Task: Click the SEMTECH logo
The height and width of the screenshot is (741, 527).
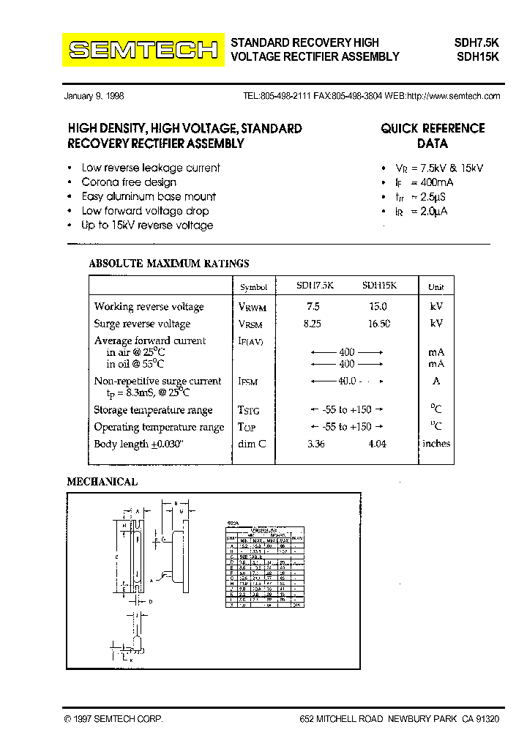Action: [x=143, y=50]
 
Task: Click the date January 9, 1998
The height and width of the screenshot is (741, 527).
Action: [x=94, y=96]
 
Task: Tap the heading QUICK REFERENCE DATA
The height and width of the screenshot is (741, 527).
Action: [x=433, y=135]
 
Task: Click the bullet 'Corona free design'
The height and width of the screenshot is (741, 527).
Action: [x=129, y=182]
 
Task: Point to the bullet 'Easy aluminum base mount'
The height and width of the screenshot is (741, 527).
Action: [x=149, y=196]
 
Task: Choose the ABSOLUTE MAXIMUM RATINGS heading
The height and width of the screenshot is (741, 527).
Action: [x=168, y=264]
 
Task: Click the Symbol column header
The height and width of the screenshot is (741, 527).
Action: [x=253, y=288]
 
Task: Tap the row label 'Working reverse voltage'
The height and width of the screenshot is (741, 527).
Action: [x=149, y=307]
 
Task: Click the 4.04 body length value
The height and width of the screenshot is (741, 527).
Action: [x=378, y=444]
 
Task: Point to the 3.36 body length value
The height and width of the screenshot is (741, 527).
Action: [x=315, y=444]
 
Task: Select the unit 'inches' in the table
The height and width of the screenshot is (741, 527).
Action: [x=436, y=444]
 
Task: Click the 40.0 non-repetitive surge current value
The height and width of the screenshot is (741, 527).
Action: [x=346, y=381]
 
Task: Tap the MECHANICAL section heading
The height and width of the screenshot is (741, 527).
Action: [x=102, y=482]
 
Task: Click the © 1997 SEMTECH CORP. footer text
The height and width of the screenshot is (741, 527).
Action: [x=113, y=720]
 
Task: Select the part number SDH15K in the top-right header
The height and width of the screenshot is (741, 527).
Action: [x=476, y=56]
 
